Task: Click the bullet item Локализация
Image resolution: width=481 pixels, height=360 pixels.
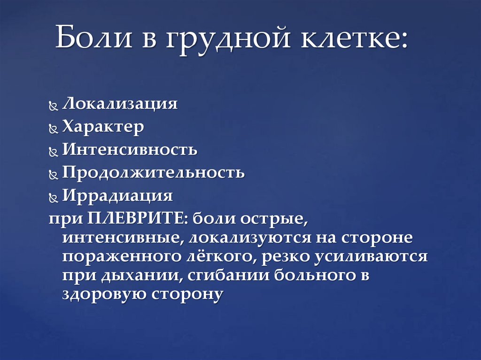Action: point(120,104)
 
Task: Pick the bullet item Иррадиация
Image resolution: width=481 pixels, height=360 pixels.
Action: point(117,195)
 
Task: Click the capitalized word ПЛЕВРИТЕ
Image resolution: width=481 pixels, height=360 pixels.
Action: point(137,218)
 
